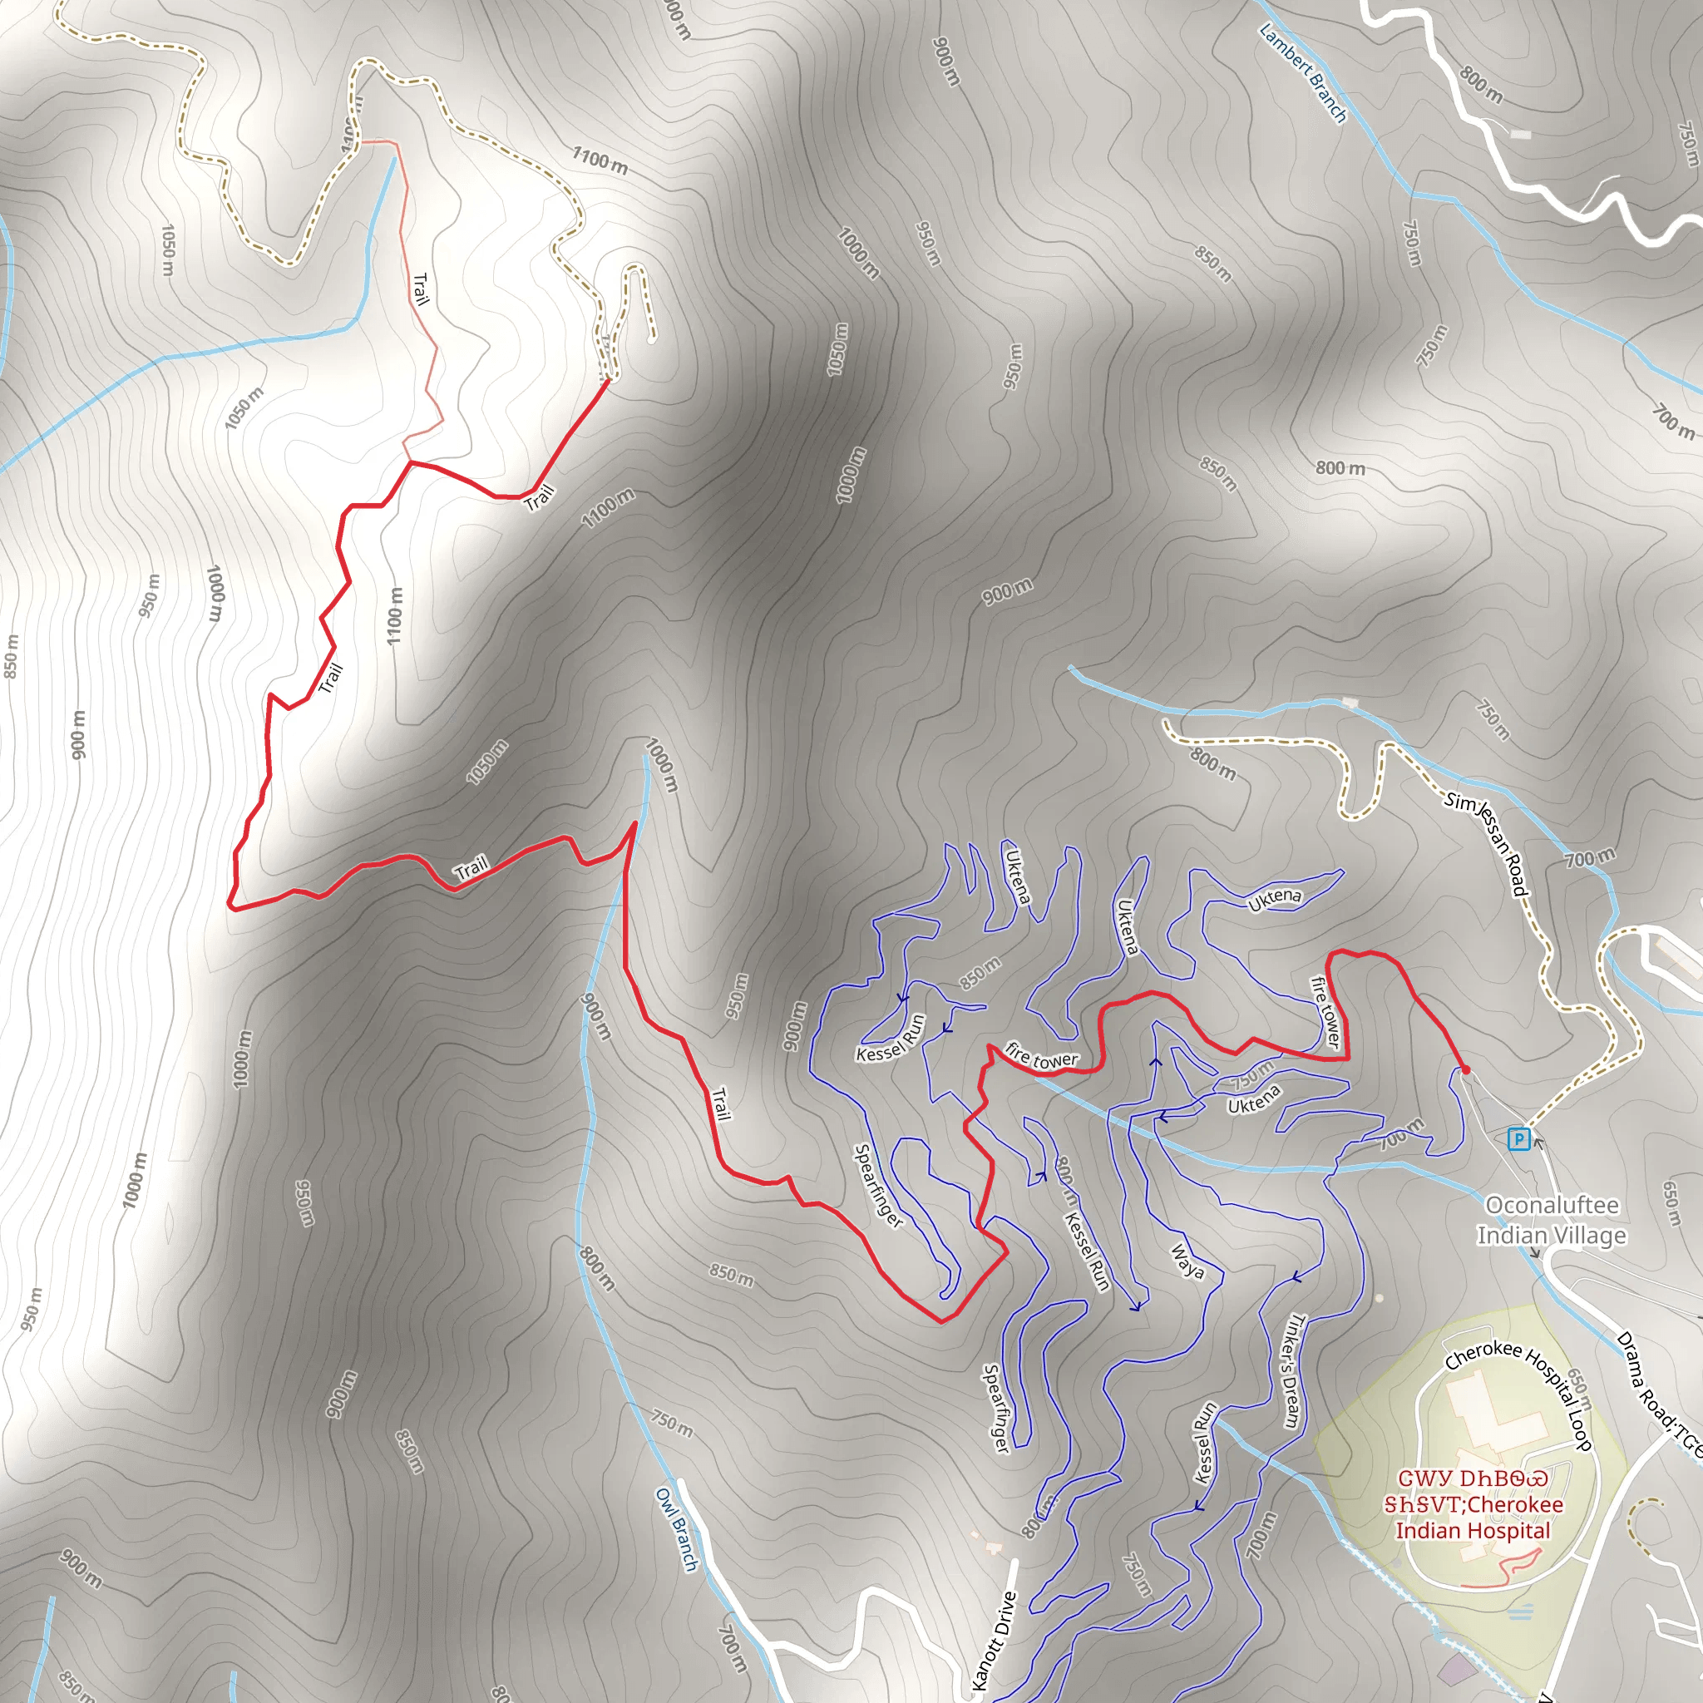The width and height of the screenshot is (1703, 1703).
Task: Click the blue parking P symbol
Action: (1518, 1139)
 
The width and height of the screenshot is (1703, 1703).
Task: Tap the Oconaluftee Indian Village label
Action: (1552, 1220)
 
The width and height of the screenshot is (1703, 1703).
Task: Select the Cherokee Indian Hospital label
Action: (1472, 1504)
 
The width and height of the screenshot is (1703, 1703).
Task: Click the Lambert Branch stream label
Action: (1303, 72)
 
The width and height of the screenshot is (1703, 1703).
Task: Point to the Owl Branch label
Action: (676, 1529)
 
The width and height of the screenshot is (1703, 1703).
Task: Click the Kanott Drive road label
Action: (995, 1640)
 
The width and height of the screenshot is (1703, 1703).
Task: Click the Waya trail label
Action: (1187, 1261)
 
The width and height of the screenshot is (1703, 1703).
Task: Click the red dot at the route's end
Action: (1465, 1069)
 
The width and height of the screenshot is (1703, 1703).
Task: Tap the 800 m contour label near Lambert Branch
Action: (1481, 86)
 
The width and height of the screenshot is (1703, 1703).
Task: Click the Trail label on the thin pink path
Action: (422, 289)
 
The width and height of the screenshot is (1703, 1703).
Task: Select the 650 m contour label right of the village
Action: (1671, 1203)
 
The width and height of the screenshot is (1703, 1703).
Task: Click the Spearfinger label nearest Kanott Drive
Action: (995, 1409)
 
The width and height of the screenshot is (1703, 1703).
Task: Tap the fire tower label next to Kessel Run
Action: (1041, 1057)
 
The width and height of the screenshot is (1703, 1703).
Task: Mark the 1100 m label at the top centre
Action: (600, 160)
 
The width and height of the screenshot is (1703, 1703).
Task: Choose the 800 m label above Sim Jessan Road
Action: (1213, 763)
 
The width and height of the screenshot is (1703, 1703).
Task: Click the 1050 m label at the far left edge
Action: (167, 249)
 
